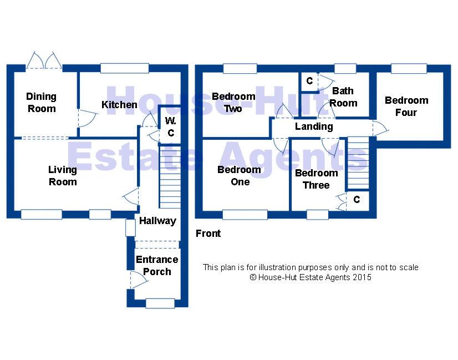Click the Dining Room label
click(x=41, y=102)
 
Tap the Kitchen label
click(x=119, y=105)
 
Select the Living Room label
click(x=63, y=176)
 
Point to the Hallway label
click(x=157, y=221)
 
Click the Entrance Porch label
click(x=157, y=266)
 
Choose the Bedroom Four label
click(x=406, y=107)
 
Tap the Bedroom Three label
click(x=317, y=179)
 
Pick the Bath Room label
click(x=343, y=97)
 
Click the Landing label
click(x=314, y=126)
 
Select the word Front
click(x=208, y=234)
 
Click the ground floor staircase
click(x=170, y=177)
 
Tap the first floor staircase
click(x=358, y=163)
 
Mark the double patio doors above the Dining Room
click(x=44, y=61)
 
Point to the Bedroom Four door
click(x=380, y=128)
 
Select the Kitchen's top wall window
click(x=125, y=68)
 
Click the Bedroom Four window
click(x=409, y=68)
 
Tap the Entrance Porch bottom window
click(x=160, y=303)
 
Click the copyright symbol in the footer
click(x=253, y=277)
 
